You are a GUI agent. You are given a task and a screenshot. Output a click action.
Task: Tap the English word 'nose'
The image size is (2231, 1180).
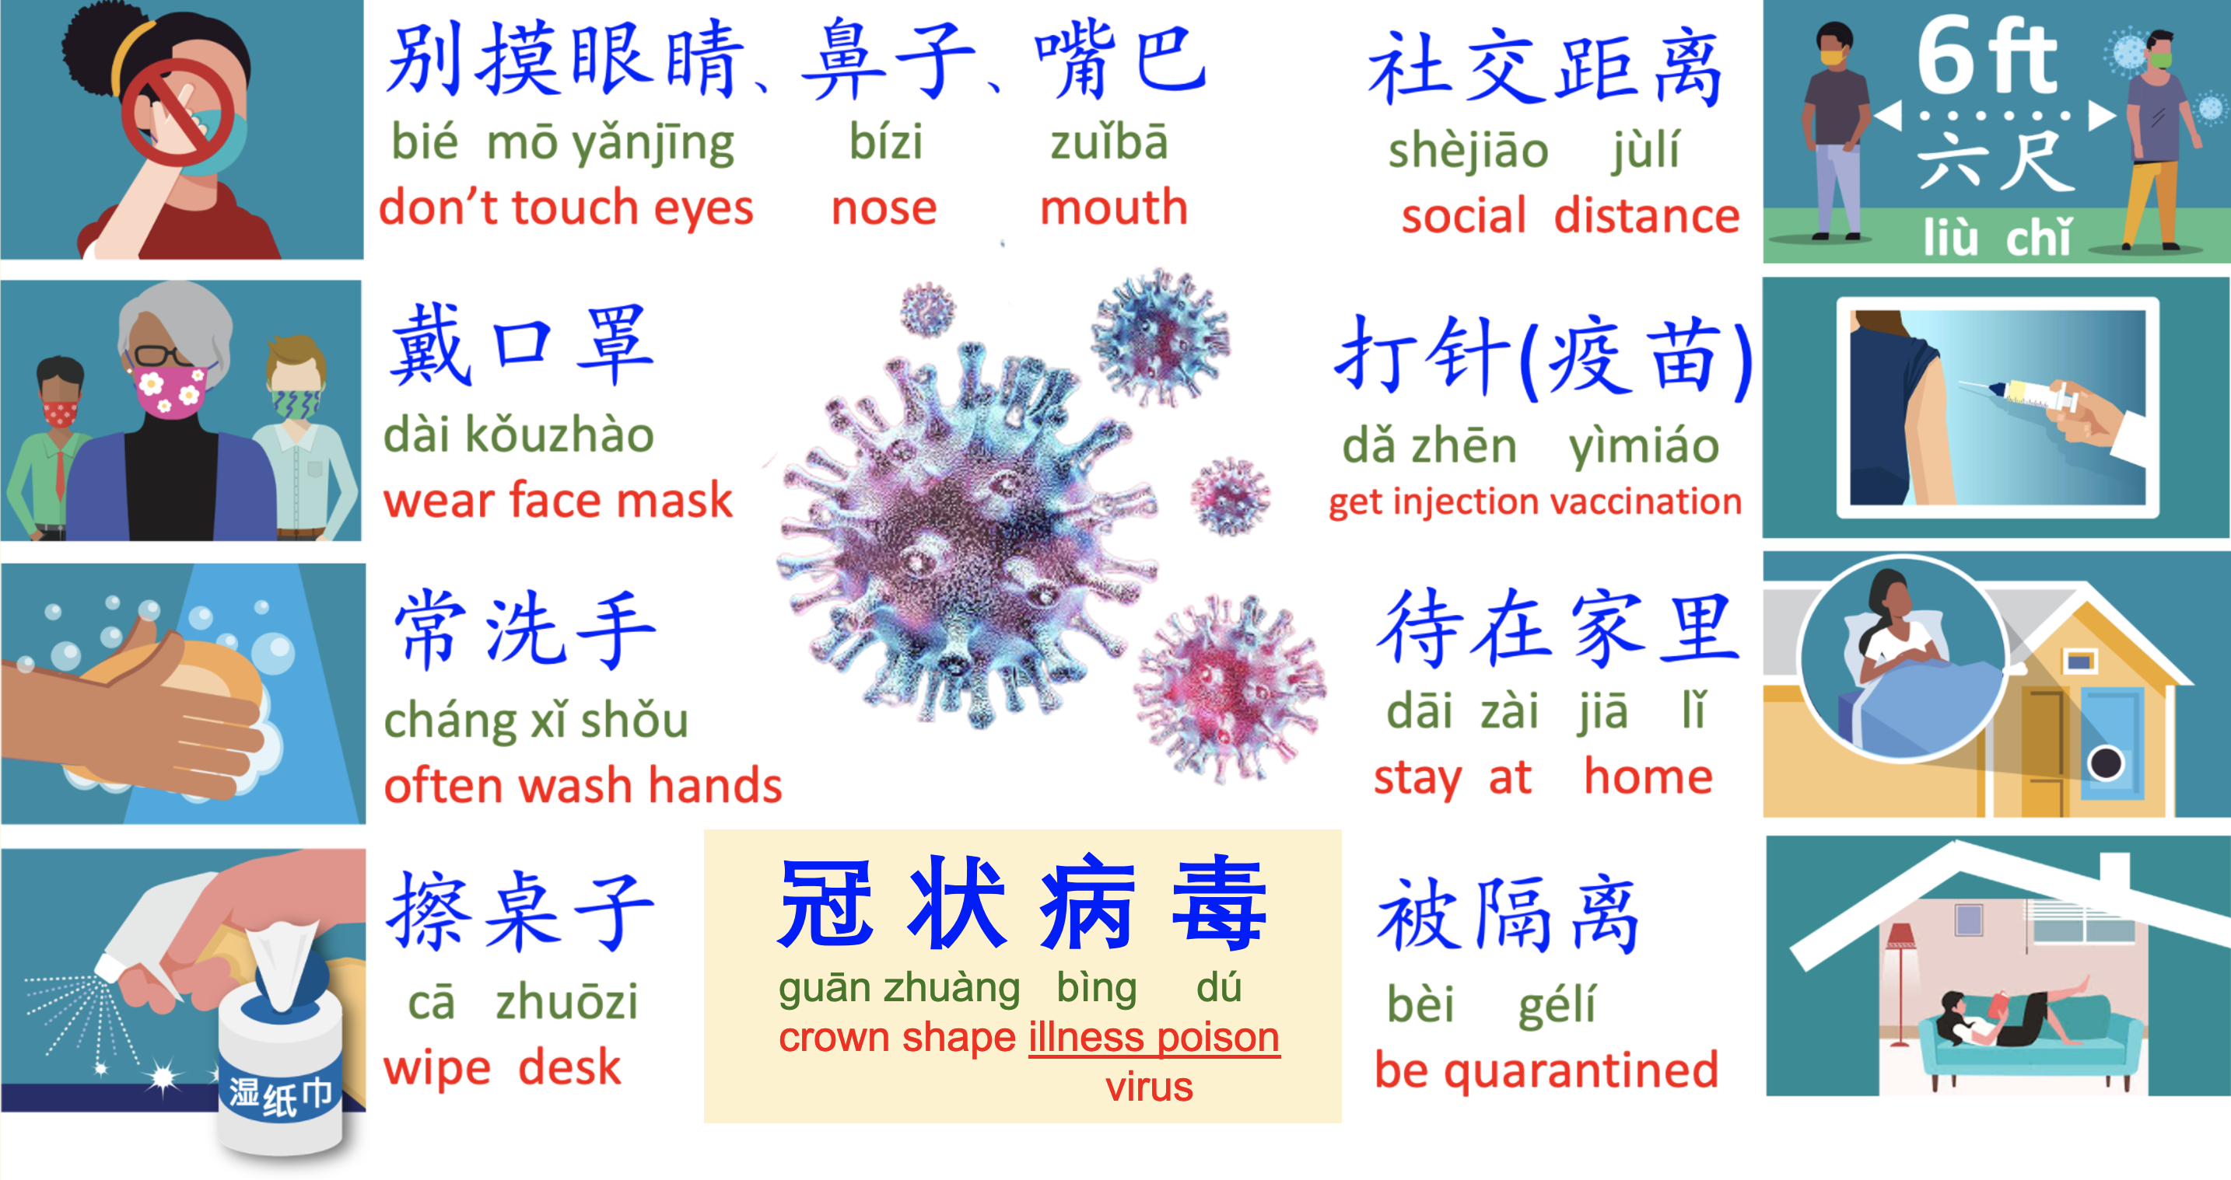point(884,208)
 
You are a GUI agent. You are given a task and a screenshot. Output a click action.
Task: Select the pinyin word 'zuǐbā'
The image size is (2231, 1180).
point(1109,142)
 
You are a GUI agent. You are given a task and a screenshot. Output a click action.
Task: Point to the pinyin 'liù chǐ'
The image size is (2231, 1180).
point(1997,236)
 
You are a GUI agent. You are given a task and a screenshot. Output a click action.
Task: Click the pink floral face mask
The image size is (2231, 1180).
point(170,390)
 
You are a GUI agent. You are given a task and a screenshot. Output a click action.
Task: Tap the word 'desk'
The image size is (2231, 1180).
point(570,1067)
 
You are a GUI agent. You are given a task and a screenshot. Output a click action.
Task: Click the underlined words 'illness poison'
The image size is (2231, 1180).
point(1154,1037)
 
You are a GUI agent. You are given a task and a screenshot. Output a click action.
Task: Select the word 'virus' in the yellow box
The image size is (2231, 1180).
point(1149,1087)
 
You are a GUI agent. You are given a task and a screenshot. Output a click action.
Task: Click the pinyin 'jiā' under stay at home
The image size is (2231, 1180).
point(1602,711)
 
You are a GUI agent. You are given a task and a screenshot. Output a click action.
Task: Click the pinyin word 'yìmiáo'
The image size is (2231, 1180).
point(1644,447)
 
